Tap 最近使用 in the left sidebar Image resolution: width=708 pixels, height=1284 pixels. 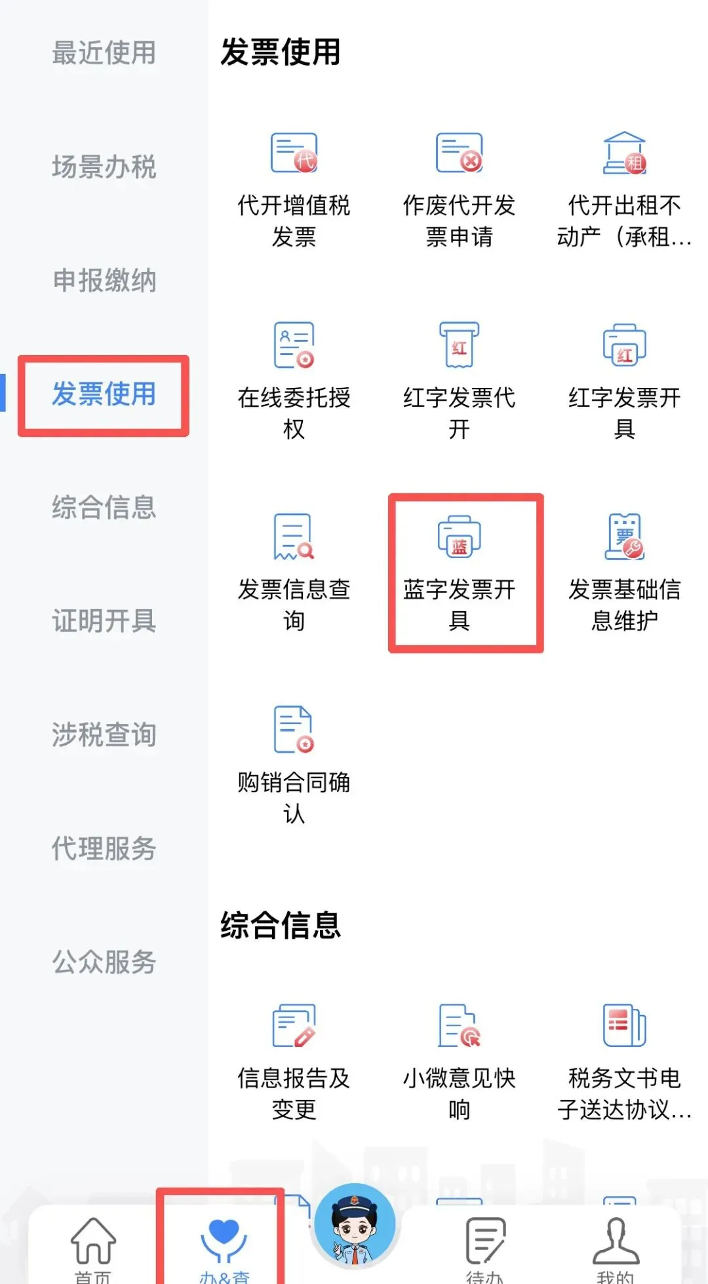(x=104, y=53)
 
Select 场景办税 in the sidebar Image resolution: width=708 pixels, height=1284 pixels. (x=104, y=167)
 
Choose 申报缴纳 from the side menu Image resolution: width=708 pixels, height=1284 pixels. (x=104, y=280)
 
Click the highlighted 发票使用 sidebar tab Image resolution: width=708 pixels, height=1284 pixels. (x=104, y=394)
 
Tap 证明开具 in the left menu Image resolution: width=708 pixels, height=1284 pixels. (x=104, y=621)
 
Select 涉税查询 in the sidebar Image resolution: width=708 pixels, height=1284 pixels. (x=104, y=735)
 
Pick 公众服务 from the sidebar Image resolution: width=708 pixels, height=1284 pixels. (x=104, y=962)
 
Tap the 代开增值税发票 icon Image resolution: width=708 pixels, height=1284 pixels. (x=294, y=153)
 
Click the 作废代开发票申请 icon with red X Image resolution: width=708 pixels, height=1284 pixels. (x=460, y=153)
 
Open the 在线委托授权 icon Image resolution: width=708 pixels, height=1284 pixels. (x=294, y=345)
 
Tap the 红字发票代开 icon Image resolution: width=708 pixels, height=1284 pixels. (x=460, y=345)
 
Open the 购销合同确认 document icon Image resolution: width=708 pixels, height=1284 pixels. (x=294, y=729)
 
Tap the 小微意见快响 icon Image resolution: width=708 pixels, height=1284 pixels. (x=460, y=1026)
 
